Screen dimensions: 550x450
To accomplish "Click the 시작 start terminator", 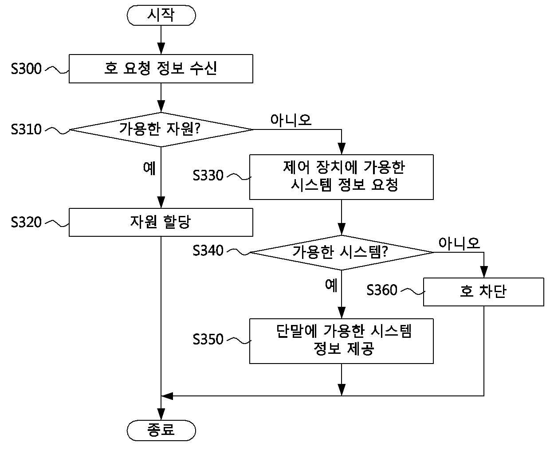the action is (161, 16).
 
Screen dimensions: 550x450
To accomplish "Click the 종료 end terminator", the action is (161, 430).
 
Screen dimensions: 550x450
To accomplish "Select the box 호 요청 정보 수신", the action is (161, 69).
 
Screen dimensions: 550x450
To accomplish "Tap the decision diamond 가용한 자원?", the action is (161, 129).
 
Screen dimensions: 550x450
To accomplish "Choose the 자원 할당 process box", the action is (161, 223).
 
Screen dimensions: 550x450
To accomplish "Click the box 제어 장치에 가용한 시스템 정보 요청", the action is (342, 177).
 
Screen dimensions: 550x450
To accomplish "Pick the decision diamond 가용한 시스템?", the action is (342, 253).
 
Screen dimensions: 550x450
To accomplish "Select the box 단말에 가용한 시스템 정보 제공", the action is (342, 341).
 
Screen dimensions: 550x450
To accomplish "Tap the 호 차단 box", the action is (483, 292).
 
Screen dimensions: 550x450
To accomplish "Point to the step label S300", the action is (26, 69).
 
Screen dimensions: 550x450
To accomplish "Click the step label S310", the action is (26, 129).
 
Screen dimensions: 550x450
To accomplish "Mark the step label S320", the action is (26, 222).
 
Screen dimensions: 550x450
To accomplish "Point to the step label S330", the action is (208, 175).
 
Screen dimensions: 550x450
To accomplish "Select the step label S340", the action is (208, 250).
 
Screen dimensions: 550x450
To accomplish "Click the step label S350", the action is (208, 339).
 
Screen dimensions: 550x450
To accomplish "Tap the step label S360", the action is (382, 290).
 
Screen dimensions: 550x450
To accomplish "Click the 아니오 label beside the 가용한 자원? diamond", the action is (291, 121).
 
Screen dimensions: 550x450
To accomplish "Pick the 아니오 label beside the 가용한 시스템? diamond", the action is (459, 243).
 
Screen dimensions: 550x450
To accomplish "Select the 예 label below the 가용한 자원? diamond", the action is (149, 168).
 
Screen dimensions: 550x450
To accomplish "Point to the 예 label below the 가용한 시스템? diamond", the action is (331, 285).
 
